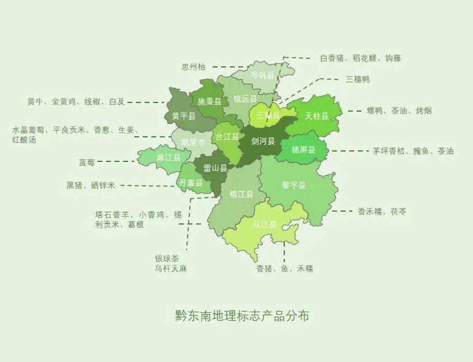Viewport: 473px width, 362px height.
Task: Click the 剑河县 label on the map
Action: [263, 141]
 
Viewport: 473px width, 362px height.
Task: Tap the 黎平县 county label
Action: [293, 185]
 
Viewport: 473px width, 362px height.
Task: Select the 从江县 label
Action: [265, 225]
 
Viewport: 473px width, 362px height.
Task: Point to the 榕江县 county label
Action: [241, 194]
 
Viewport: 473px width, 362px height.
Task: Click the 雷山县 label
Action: [214, 168]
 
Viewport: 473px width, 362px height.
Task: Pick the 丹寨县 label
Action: [190, 182]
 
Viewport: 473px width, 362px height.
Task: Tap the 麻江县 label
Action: [168, 158]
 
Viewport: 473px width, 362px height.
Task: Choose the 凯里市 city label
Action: [193, 142]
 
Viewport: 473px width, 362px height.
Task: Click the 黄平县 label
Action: [183, 116]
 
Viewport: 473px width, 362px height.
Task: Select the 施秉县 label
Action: [208, 101]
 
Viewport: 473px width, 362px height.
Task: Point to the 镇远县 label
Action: [244, 98]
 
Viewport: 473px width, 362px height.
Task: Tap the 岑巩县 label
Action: [262, 75]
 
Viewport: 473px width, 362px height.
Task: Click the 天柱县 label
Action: [316, 116]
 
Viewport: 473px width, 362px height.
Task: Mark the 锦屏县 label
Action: [303, 150]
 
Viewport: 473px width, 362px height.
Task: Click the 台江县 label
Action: [227, 136]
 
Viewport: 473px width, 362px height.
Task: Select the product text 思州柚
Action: [193, 67]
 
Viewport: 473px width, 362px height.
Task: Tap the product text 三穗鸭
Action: [357, 79]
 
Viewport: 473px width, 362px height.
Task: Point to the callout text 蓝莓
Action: [86, 163]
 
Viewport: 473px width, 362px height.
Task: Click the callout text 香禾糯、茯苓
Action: [382, 211]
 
